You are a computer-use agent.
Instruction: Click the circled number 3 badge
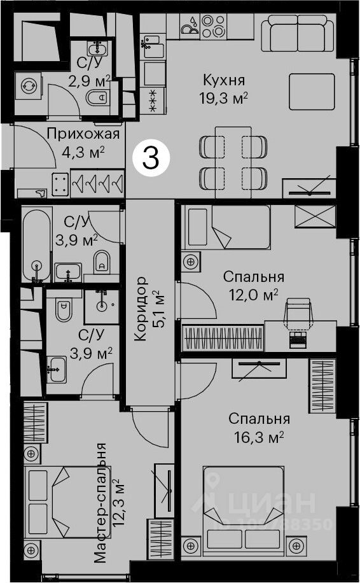(x=151, y=158)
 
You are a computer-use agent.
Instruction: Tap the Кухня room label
(x=224, y=80)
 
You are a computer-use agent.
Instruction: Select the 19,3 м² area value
(x=223, y=98)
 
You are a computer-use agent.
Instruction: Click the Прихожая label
(x=83, y=134)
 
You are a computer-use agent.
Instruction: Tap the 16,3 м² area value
(x=259, y=437)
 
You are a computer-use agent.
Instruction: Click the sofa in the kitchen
(x=297, y=33)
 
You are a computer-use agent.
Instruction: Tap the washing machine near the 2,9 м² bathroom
(x=28, y=86)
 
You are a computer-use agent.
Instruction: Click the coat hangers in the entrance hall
(x=97, y=183)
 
